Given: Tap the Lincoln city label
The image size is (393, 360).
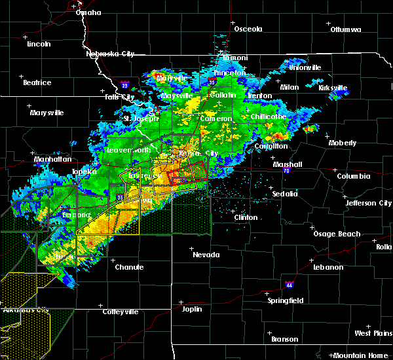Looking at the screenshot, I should (39, 44).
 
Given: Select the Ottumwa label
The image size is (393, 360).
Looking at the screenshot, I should (346, 29).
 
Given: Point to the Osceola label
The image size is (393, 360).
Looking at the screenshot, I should (248, 29).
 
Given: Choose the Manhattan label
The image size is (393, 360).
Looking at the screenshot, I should (53, 159).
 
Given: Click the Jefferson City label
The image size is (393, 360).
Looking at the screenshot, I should (369, 203).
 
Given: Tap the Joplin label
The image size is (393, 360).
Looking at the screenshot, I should (192, 308).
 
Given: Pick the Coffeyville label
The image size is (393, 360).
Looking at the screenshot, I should (121, 312).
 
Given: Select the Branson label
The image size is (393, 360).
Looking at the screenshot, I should (285, 339).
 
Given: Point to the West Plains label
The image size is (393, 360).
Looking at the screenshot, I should (373, 333).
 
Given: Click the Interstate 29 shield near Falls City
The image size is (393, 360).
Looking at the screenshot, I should (124, 84).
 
